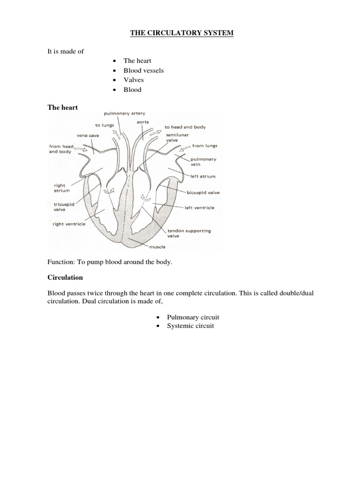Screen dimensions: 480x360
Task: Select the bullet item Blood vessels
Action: point(143,70)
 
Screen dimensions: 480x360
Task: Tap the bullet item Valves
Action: point(134,80)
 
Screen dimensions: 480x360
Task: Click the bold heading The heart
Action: point(63,107)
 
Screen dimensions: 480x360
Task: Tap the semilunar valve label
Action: point(174,136)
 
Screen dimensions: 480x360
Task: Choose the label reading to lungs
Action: point(105,126)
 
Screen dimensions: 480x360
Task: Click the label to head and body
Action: point(185,127)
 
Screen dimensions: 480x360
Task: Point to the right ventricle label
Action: point(69,224)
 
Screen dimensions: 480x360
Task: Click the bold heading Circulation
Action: point(65,277)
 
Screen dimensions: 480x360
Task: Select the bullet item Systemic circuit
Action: point(190,326)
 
